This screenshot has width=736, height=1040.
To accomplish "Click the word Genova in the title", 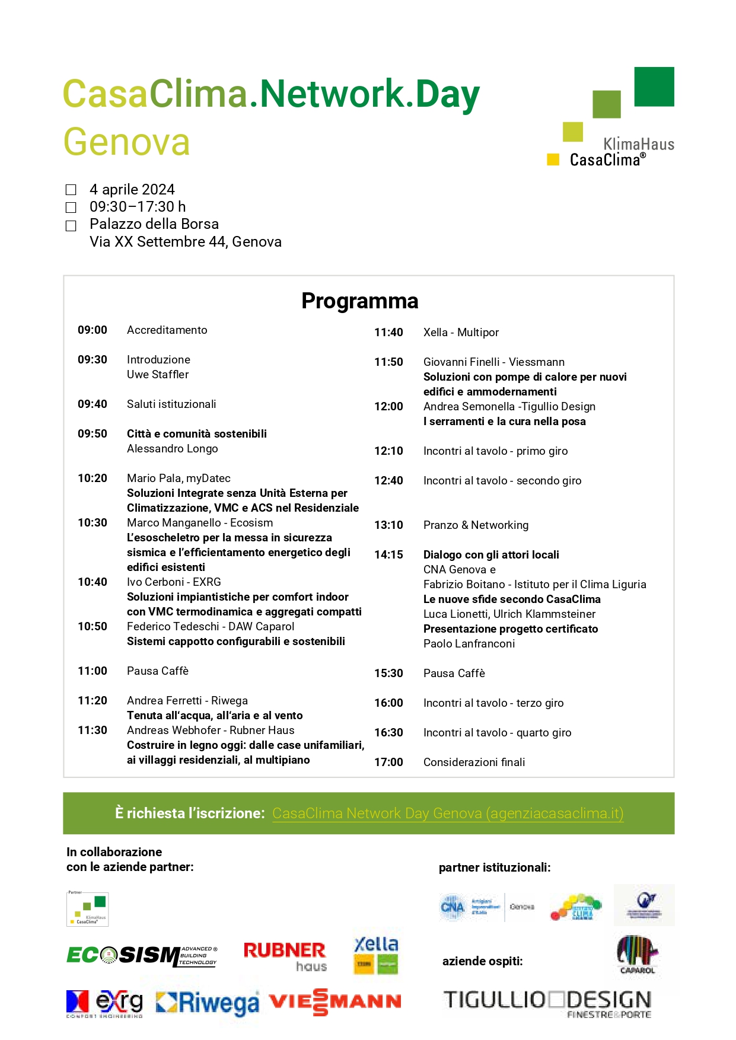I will point(126,142).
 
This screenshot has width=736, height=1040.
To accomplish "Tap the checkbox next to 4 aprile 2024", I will point(71,190).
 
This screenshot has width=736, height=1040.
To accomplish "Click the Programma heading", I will point(359,301).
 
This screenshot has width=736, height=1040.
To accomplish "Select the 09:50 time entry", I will point(93,434).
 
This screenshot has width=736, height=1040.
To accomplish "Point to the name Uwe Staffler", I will point(158,375).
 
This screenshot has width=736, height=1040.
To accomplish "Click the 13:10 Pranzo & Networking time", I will point(388,525).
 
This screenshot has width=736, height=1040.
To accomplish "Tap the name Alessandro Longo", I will point(172,449).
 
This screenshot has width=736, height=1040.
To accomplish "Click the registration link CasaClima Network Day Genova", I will point(448,814).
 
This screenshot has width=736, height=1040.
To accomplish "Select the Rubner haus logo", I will point(285,956).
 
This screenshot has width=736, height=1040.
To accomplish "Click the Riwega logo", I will point(208,1003).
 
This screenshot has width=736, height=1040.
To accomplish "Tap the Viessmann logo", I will point(335,1002).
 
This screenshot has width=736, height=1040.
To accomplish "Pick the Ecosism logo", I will point(142,955).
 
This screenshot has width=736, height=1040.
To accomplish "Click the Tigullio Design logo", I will point(547,1003).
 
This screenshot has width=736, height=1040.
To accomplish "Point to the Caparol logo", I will point(638,954).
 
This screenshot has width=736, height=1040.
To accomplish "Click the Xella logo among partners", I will point(376,955).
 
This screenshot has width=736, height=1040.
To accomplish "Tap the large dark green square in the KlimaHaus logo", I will point(654,87).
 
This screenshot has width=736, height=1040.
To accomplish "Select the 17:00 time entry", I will point(388,763).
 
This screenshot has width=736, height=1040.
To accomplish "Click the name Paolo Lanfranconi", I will point(469,644).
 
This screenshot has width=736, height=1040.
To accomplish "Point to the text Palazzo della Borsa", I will point(154,224).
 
